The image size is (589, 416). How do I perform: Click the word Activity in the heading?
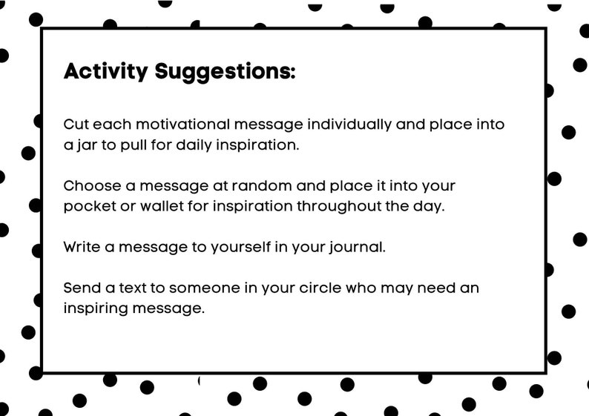pos(106,71)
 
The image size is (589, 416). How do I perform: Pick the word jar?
pos(85,145)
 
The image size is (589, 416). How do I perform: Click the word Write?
pos(81,246)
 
